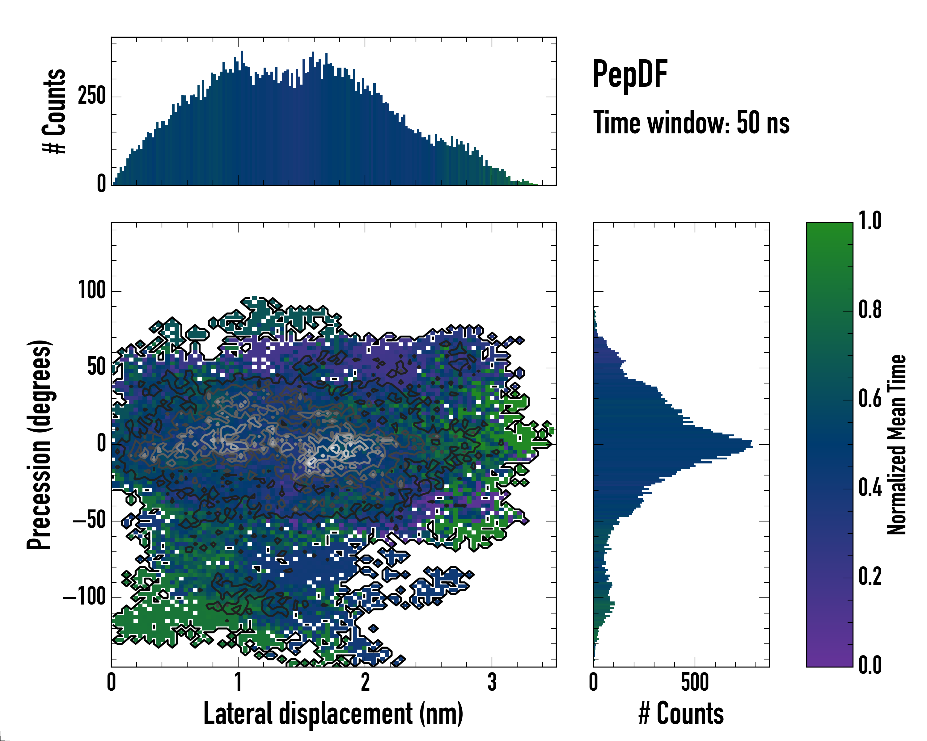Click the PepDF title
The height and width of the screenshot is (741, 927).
tap(630, 74)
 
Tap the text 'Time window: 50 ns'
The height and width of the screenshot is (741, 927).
tap(691, 123)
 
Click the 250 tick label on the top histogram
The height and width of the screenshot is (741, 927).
tap(91, 96)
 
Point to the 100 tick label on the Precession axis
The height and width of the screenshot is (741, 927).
tap(91, 291)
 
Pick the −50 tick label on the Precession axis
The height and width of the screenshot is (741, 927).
tap(89, 520)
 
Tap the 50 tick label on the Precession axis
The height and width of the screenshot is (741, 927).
tap(96, 367)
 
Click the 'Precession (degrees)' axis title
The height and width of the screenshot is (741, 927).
tap(39, 444)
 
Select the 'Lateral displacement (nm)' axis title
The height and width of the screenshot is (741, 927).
tap(333, 714)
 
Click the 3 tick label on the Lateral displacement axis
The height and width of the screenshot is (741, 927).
tap(492, 682)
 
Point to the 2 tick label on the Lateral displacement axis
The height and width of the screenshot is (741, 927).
tap(365, 682)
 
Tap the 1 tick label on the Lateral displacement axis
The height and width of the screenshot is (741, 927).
tap(238, 682)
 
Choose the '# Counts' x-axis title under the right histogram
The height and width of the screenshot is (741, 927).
tap(681, 714)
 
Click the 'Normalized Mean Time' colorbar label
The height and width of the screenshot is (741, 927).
tap(896, 444)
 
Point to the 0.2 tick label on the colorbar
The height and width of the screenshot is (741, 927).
tap(870, 576)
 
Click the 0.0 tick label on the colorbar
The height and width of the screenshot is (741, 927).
tap(870, 665)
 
